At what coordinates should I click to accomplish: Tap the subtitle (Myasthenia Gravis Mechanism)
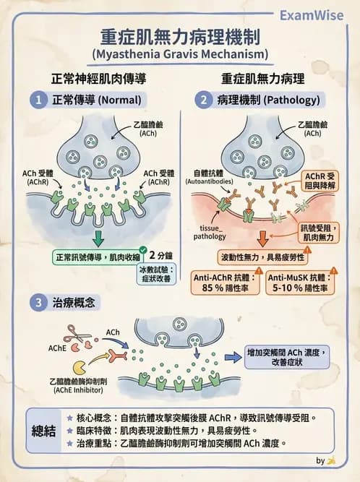[180, 53]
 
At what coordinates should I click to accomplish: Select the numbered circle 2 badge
[205, 100]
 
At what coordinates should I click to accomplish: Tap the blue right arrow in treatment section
[232, 356]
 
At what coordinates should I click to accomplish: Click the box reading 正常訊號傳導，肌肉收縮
[96, 257]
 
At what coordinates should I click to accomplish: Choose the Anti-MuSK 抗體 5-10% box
[300, 283]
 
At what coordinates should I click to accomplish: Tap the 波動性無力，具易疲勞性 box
[261, 257]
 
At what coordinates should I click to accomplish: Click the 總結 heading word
[46, 431]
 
